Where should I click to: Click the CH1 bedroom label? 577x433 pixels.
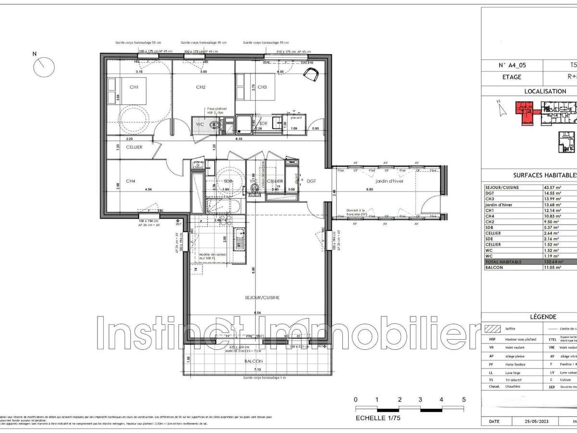[134, 87]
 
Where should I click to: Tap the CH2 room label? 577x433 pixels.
[201, 87]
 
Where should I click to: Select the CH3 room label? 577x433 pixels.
[262, 87]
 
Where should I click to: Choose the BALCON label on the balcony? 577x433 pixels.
[253, 361]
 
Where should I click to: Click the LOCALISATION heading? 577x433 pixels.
[545, 91]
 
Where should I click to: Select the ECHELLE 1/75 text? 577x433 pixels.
[377, 418]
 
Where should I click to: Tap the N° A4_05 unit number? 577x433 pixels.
[510, 65]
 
